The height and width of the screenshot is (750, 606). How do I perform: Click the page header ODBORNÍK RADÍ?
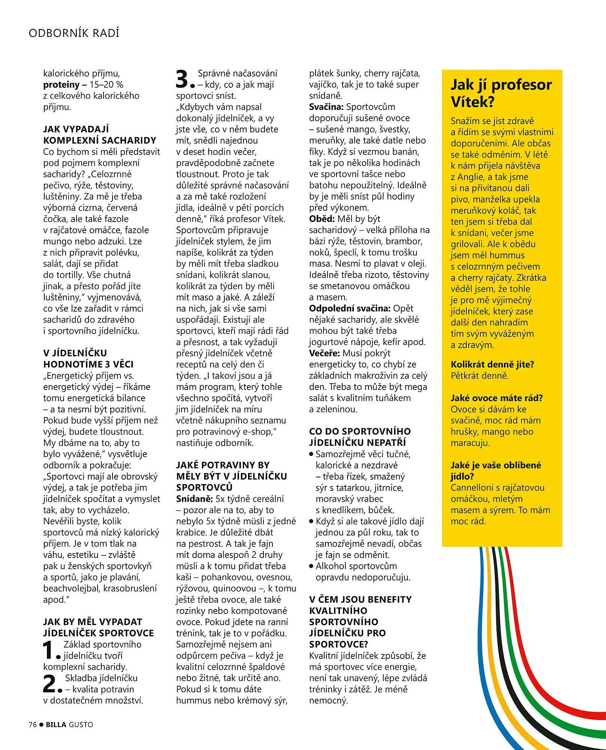pyautogui.click(x=74, y=33)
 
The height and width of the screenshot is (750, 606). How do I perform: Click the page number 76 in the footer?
pyautogui.click(x=33, y=725)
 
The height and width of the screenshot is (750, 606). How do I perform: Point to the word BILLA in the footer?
pyautogui.click(x=56, y=725)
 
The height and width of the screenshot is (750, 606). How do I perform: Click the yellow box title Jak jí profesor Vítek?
pyautogui.click(x=501, y=93)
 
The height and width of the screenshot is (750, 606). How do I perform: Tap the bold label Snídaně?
pyautogui.click(x=194, y=499)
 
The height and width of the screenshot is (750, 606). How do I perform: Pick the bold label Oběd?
pyautogui.click(x=322, y=219)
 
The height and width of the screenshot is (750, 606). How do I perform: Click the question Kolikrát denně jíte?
pyautogui.click(x=492, y=364)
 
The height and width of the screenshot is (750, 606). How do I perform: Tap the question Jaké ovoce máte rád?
pyautogui.click(x=496, y=398)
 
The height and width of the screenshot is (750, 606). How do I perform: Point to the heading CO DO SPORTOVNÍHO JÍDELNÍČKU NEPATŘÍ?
pyautogui.click(x=359, y=436)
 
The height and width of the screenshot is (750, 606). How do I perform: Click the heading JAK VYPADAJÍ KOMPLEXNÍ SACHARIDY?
pyautogui.click(x=99, y=135)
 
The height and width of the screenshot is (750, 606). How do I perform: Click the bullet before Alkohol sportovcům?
pyautogui.click(x=311, y=566)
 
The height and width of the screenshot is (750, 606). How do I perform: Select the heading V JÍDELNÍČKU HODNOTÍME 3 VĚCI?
pyautogui.click(x=88, y=358)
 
